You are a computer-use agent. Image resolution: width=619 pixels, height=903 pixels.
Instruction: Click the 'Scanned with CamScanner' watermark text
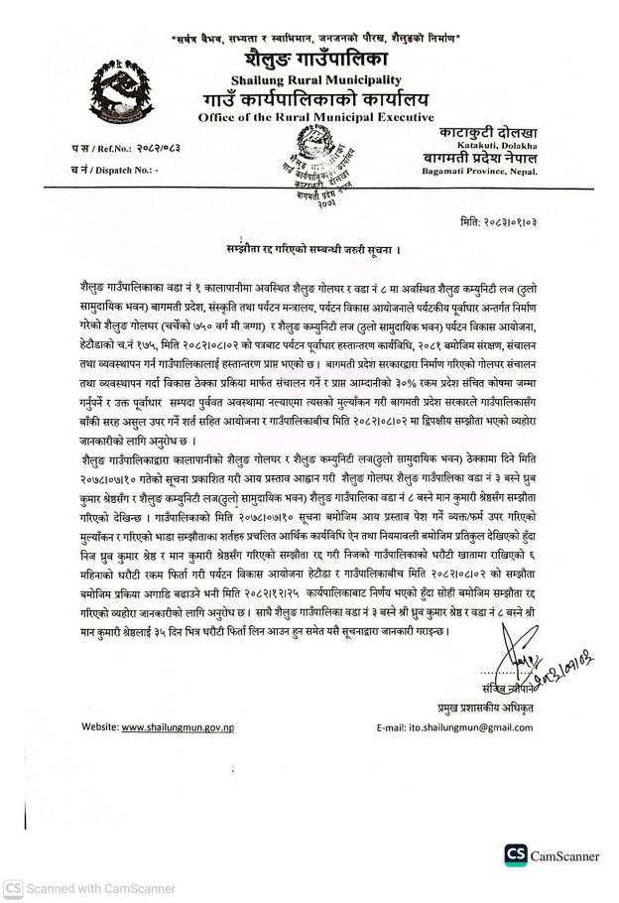[x=75, y=888]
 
